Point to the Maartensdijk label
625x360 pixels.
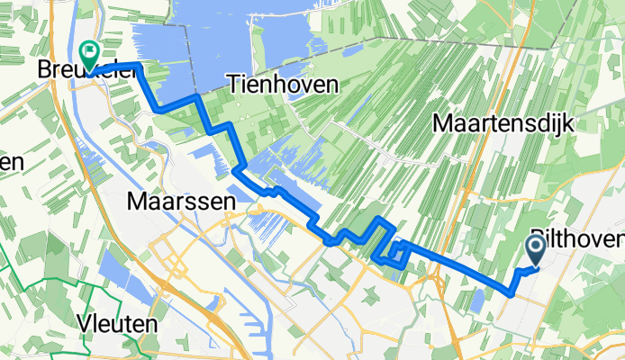pos(503,121)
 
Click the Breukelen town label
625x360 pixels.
pos(86,68)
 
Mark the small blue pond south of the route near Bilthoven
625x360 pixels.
pos(477,296)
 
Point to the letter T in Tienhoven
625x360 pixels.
pos(204,85)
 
